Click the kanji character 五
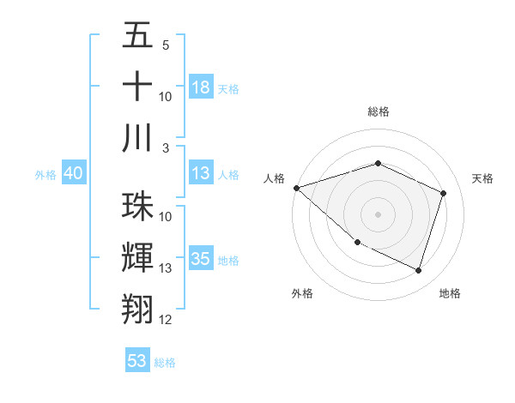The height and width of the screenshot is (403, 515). [137, 37]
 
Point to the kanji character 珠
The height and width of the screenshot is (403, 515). [137, 207]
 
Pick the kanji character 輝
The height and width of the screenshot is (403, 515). [137, 258]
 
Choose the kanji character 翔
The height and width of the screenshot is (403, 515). [137, 309]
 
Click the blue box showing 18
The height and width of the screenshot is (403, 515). [201, 87]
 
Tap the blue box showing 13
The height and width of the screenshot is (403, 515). [201, 173]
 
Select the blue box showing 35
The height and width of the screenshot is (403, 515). [201, 259]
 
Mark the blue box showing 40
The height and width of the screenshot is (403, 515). [73, 173]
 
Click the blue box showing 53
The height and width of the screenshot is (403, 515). [137, 361]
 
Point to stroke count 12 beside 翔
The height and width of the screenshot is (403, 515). [166, 320]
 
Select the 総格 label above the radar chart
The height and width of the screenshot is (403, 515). [378, 111]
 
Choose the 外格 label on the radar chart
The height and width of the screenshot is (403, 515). [301, 293]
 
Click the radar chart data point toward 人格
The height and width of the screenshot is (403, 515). [296, 187]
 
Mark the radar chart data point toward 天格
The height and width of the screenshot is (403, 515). [443, 193]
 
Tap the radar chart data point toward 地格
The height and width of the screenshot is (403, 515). [418, 270]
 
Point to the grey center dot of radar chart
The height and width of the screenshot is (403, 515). [378, 214]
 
